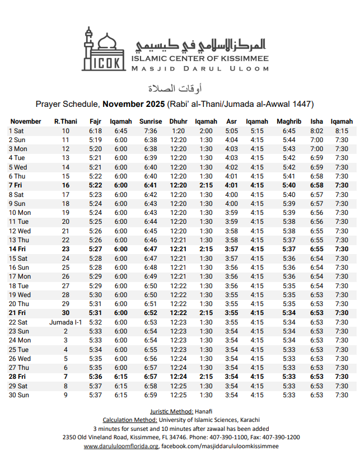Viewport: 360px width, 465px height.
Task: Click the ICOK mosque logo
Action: [x=104, y=49]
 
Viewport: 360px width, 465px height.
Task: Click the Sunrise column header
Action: [x=151, y=121]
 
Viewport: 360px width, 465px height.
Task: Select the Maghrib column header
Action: [x=289, y=121]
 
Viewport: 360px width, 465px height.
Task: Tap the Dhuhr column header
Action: [x=178, y=121]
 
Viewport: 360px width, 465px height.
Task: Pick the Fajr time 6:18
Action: [x=95, y=131]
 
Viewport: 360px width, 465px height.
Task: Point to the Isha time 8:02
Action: [x=316, y=131]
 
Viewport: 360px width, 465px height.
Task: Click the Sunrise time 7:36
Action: [x=151, y=131]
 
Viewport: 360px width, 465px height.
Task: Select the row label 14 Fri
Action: [x=17, y=249]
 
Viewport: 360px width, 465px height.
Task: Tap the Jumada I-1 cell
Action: [x=66, y=322]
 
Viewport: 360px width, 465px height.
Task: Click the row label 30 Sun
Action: [x=18, y=395]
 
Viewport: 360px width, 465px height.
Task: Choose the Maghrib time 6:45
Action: [x=289, y=131]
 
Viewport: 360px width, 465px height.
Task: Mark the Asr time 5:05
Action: [x=231, y=131]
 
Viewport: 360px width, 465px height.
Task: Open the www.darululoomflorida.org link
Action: [x=121, y=447]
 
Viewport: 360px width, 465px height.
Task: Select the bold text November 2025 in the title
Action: [x=134, y=104]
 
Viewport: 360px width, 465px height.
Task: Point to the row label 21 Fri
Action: [x=17, y=313]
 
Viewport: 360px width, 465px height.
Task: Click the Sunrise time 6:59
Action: [x=151, y=395]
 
